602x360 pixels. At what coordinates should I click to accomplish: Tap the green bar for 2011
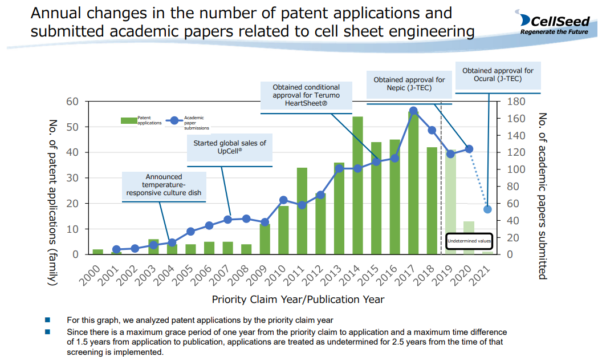pos(302,211)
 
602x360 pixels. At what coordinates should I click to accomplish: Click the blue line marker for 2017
pos(413,111)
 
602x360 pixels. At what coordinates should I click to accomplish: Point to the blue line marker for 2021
pos(487,209)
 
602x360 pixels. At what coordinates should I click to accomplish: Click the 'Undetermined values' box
pos(469,241)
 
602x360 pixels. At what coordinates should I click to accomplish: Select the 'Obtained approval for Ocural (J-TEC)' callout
pos(498,75)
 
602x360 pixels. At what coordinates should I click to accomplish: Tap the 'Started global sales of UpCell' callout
pos(230,147)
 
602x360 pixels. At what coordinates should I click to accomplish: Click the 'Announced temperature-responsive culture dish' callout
pos(164,185)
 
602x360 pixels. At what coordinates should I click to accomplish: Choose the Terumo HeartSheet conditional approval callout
pos(307,95)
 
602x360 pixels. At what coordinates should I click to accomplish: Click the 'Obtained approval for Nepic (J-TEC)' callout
pos(409,84)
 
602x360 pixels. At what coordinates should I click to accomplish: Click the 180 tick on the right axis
pos(514,102)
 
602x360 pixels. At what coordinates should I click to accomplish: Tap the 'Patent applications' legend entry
pos(141,120)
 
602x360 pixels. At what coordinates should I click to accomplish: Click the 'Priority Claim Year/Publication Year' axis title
pos(298,300)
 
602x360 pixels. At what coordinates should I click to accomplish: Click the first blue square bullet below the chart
pos(47,320)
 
